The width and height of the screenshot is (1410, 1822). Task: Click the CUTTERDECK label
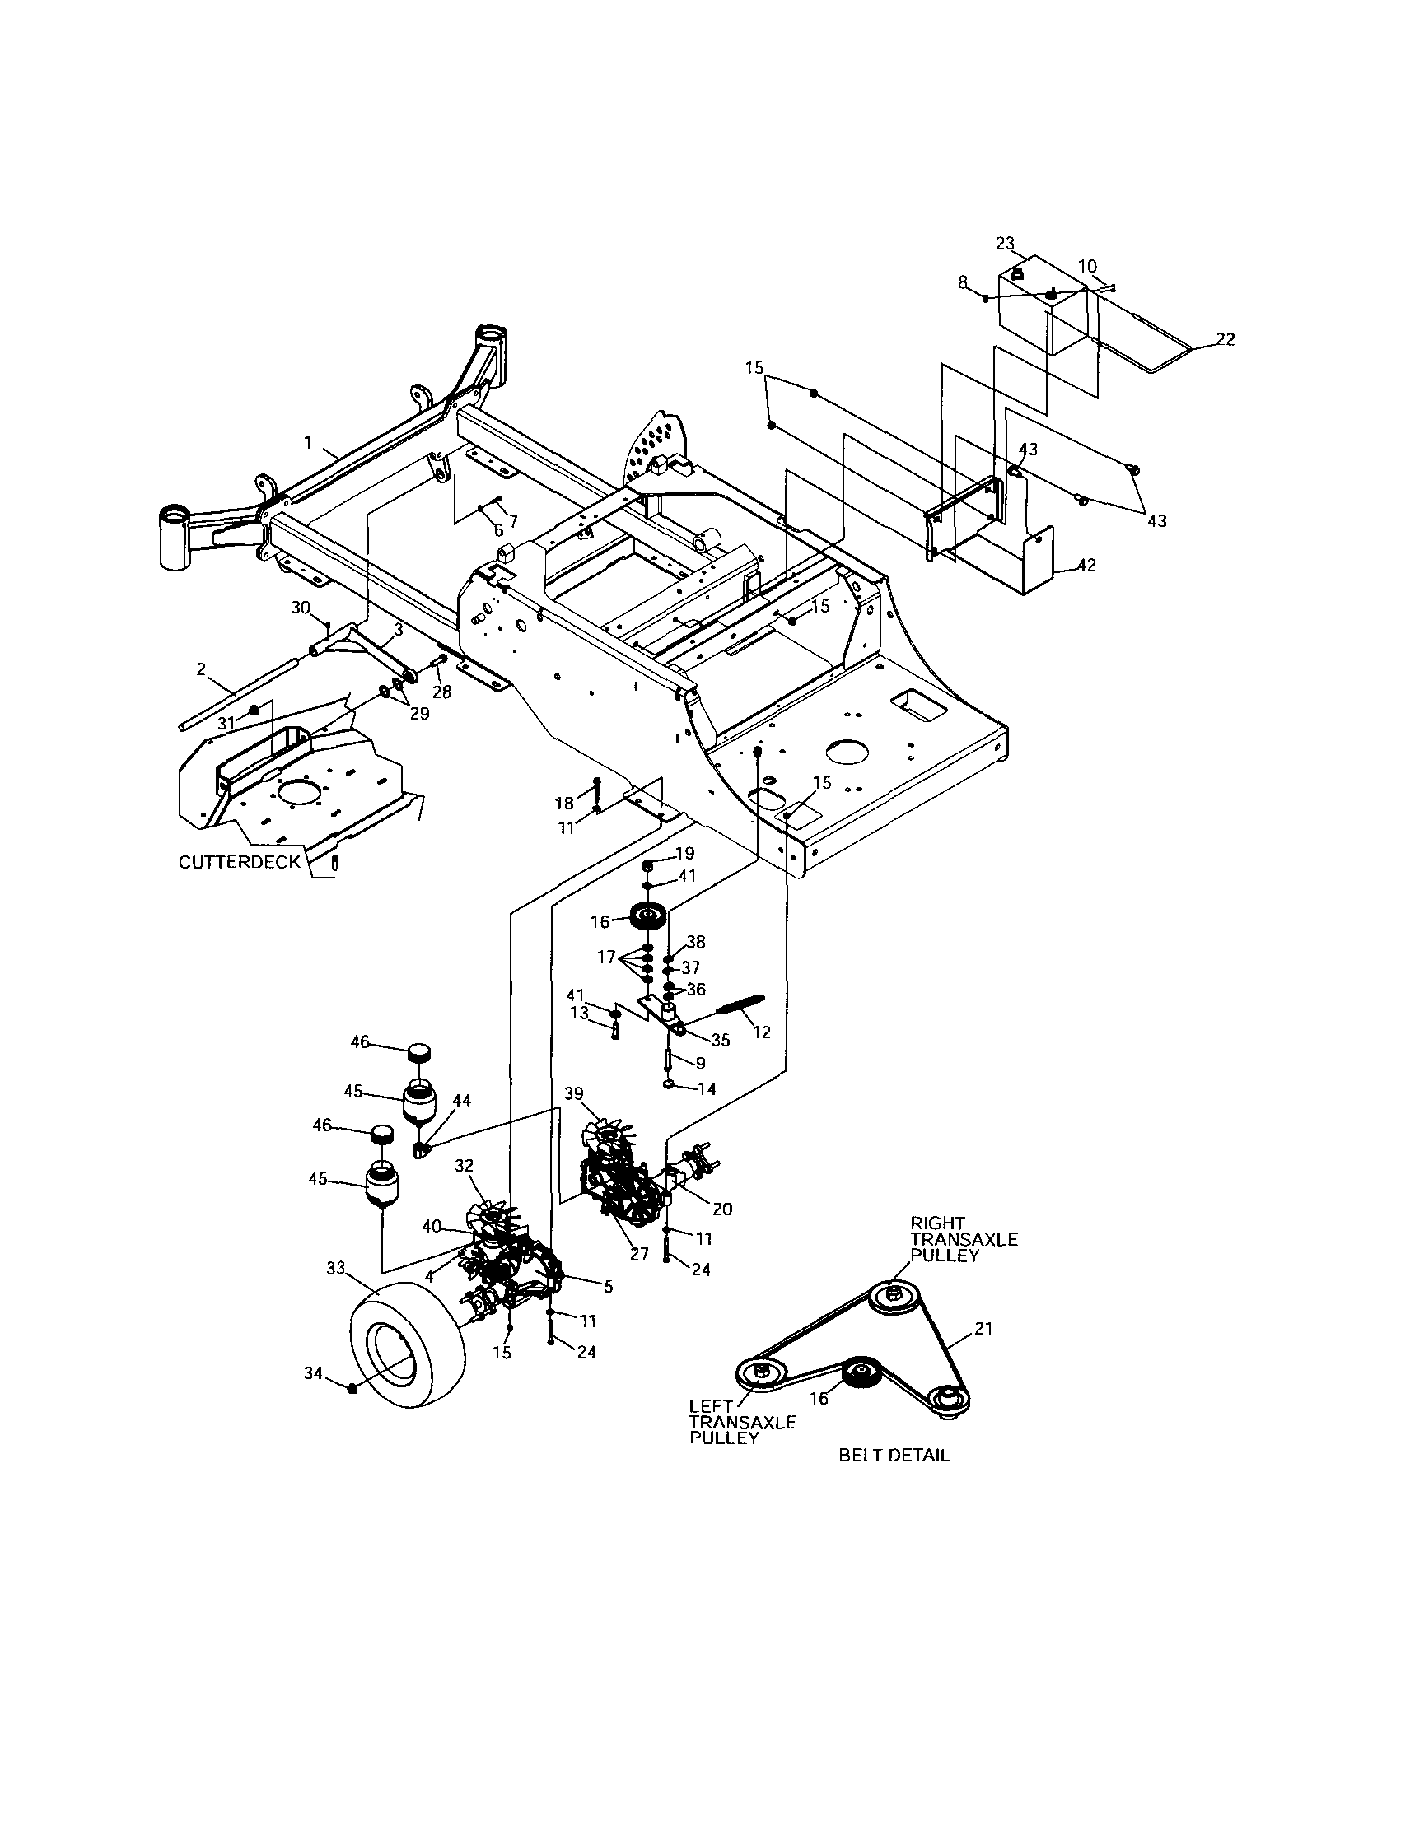point(239,862)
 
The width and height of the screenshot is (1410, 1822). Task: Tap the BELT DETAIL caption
point(894,1456)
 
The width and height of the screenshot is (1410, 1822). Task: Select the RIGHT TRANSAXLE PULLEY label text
point(963,1240)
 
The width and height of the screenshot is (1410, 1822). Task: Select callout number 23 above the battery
point(1005,243)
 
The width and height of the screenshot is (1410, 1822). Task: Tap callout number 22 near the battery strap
point(1225,339)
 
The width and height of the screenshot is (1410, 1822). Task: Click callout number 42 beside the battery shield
point(1086,565)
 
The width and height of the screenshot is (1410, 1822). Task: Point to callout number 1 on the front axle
point(308,443)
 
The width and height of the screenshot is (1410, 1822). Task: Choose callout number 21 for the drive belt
point(983,1328)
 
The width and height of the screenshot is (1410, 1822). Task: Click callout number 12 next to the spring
point(761,1032)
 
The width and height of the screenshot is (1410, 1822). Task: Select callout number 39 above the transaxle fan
point(573,1093)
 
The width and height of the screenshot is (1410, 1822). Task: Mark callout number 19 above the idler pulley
point(684,854)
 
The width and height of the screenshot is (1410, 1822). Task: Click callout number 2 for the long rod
point(201,669)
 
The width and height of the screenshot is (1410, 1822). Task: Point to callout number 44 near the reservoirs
point(460,1102)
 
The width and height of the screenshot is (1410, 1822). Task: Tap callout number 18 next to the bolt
point(564,804)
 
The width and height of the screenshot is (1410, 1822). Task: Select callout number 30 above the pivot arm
point(301,608)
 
